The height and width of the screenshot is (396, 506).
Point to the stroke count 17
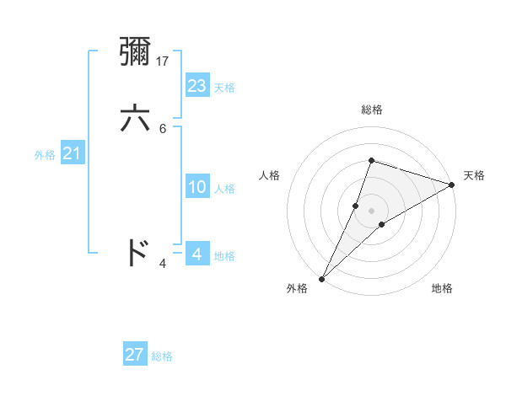tap(164, 62)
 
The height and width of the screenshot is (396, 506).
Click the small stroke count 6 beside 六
tap(163, 128)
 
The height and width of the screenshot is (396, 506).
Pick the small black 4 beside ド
tap(163, 264)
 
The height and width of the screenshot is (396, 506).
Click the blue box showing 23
tap(197, 86)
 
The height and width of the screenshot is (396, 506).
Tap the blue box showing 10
tap(197, 187)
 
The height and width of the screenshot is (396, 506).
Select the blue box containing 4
tap(197, 254)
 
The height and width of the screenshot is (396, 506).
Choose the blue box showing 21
tap(73, 153)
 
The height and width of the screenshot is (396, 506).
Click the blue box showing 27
tap(135, 355)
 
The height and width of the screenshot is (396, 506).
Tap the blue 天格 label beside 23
tap(223, 88)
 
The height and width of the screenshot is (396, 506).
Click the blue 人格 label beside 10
tap(223, 189)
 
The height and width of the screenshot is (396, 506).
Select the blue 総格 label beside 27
tap(162, 356)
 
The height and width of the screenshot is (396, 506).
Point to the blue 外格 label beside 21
tap(45, 155)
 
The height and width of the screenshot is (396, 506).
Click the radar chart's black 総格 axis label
tap(371, 110)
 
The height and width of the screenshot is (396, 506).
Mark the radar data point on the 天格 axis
tap(451, 185)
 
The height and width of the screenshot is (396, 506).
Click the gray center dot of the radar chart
tap(371, 210)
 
